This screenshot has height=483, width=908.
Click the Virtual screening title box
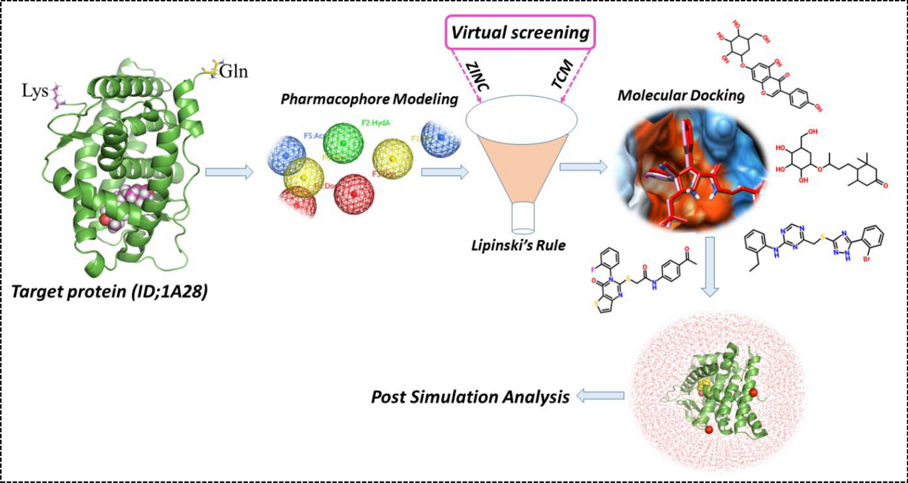click(520, 32)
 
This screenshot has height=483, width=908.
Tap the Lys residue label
click(35, 90)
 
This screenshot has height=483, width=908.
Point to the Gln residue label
click(233, 72)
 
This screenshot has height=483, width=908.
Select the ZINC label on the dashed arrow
click(477, 76)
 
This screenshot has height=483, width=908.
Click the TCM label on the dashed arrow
click(563, 74)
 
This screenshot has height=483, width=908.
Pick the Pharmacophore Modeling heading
click(369, 99)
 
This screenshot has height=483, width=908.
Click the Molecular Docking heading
click(681, 95)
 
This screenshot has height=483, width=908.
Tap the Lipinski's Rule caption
click(518, 245)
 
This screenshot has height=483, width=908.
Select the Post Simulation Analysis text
click(470, 397)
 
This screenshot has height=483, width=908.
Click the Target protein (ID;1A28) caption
click(109, 291)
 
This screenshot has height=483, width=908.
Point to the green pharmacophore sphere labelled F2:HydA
click(343, 143)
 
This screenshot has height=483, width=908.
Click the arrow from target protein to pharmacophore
click(229, 172)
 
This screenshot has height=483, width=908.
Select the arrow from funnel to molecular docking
click(583, 167)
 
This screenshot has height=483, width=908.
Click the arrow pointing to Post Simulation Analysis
click(600, 396)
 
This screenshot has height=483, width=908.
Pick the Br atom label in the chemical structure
click(867, 259)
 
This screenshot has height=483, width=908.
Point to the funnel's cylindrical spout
click(523, 218)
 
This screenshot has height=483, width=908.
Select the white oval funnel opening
click(521, 119)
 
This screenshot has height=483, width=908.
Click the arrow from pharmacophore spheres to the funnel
click(445, 172)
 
